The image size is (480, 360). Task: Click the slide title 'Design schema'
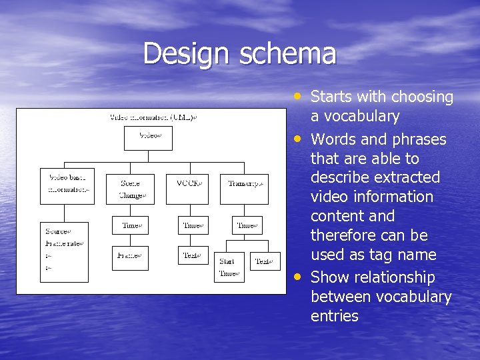[x=239, y=53]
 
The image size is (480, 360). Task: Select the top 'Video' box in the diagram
[x=147, y=137]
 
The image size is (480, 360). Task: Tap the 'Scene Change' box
[x=130, y=189]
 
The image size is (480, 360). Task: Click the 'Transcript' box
[x=245, y=183]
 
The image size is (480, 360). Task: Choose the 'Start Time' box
[x=228, y=267]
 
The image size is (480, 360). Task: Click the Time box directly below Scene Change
[x=130, y=225]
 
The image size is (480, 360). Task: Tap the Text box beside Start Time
[x=265, y=261]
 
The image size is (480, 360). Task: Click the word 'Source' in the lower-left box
[x=57, y=231]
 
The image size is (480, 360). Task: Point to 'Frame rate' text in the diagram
[x=64, y=243]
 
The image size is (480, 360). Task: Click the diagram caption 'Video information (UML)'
[x=153, y=117]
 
